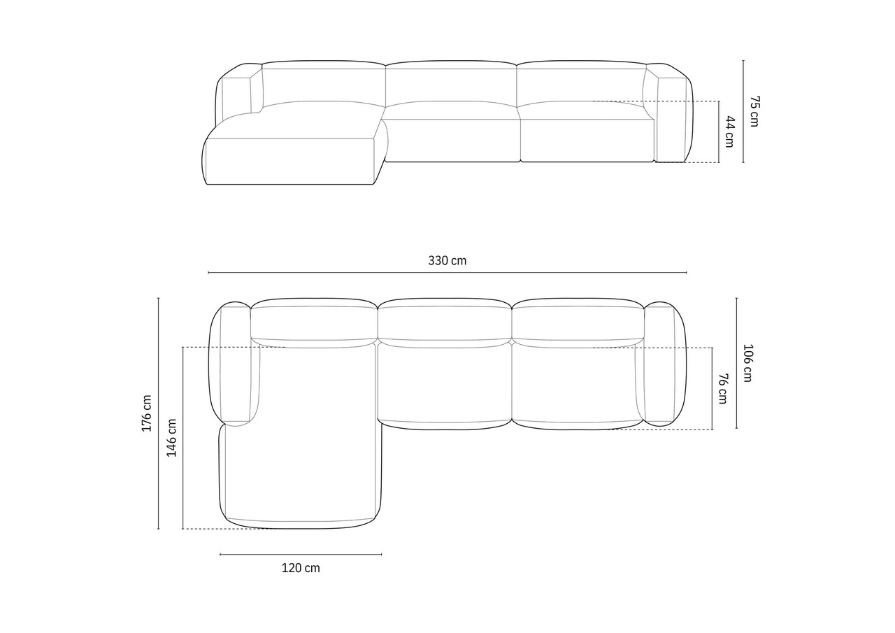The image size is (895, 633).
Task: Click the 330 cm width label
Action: [447, 261]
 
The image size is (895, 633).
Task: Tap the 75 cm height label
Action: [754, 111]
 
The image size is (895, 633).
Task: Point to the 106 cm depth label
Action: [747, 363]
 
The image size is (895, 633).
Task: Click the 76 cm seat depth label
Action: [723, 389]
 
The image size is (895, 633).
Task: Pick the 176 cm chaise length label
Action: [147, 413]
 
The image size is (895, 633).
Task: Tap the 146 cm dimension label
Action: [171, 438]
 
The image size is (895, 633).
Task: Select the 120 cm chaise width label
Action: [301, 568]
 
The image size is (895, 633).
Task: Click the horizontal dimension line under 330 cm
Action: [447, 273]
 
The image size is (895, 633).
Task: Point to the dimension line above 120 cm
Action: [301, 554]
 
